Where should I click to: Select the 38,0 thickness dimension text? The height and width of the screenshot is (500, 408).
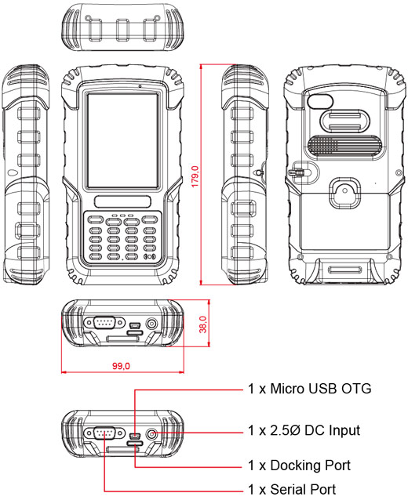coord(202,323)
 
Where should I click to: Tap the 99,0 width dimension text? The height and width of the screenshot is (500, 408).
coord(122,366)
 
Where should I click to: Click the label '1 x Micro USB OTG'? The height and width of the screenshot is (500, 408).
coord(309,388)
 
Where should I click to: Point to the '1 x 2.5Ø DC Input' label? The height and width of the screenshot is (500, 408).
coord(304,430)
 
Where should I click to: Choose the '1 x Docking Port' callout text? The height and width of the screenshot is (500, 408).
coord(298,465)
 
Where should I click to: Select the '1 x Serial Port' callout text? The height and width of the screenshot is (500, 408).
coord(292,490)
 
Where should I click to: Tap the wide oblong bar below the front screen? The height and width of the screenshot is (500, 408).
coord(122,199)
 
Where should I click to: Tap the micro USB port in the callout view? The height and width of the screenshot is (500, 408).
coord(135,433)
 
